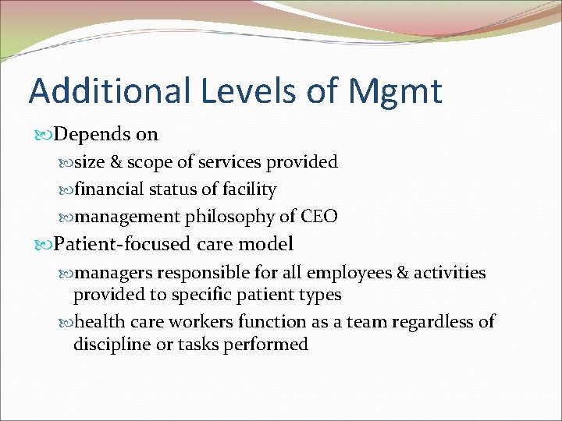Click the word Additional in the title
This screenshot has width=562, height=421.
(x=108, y=90)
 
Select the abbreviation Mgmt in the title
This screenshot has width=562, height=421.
(x=396, y=90)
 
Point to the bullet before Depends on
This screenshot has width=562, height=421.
(x=44, y=135)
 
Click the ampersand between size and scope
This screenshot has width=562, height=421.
(x=115, y=162)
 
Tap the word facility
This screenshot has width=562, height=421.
(x=249, y=189)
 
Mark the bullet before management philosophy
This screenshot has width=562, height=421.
(x=66, y=218)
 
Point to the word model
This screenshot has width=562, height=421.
(x=266, y=244)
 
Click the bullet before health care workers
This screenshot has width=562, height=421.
(x=66, y=322)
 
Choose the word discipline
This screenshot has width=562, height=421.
(x=109, y=344)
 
